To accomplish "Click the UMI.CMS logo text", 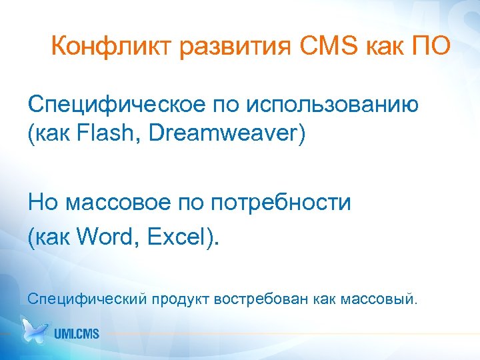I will coord(77,332).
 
